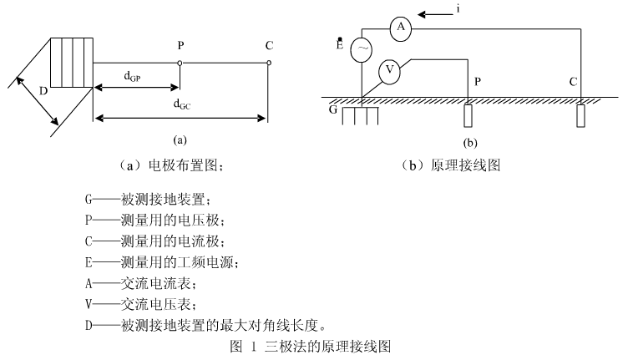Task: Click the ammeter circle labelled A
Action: (x=401, y=28)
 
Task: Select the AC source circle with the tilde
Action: (x=362, y=50)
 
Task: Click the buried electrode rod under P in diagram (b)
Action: (x=468, y=114)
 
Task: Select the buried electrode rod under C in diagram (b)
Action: (x=580, y=114)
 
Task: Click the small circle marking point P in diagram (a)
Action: (x=180, y=62)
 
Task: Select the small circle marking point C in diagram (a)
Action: (x=268, y=62)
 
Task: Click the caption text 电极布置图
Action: (x=185, y=165)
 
